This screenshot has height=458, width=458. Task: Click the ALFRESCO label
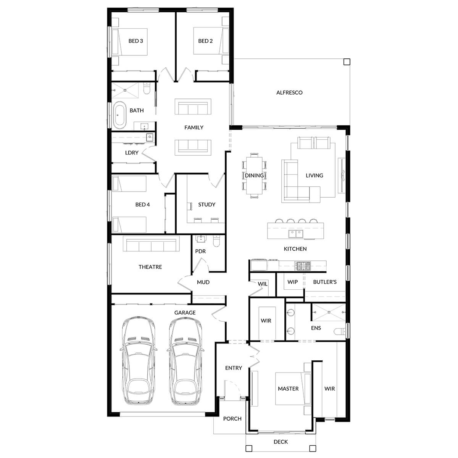click(x=289, y=92)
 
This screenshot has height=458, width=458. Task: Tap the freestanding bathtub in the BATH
click(x=119, y=115)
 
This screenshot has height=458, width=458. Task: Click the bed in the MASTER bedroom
click(x=292, y=388)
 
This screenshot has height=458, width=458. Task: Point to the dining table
click(x=254, y=175)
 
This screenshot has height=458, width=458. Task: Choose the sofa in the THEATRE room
click(x=151, y=244)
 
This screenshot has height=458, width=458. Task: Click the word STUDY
click(x=206, y=205)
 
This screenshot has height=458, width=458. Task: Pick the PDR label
click(x=200, y=251)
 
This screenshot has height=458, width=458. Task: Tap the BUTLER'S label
click(x=325, y=282)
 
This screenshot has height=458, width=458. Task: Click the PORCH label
click(x=232, y=419)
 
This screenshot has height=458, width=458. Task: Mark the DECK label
click(x=281, y=442)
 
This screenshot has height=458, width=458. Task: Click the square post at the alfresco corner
click(x=346, y=62)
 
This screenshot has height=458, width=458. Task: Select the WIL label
click(x=263, y=284)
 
